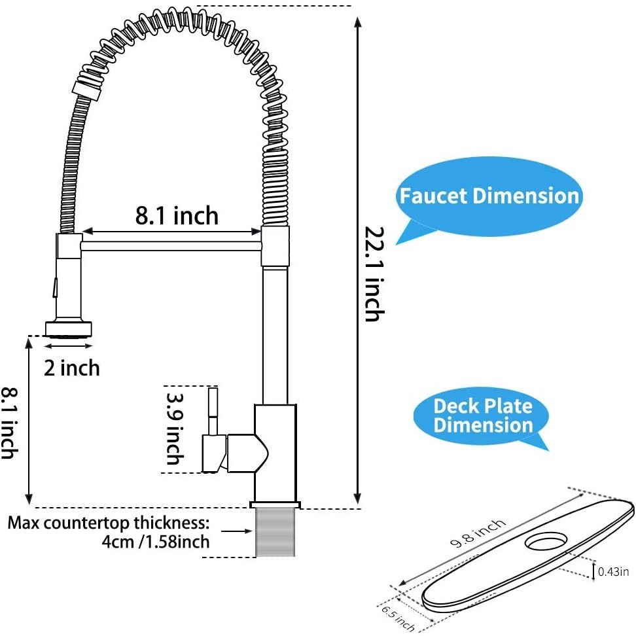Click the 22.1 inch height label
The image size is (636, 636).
[x=373, y=274]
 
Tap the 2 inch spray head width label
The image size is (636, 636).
[x=72, y=368]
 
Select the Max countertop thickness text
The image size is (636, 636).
[x=109, y=523]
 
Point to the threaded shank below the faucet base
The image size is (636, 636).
[x=274, y=531]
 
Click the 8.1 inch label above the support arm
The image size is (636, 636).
[x=177, y=215]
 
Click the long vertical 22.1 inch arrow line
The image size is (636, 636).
[x=357, y=255]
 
